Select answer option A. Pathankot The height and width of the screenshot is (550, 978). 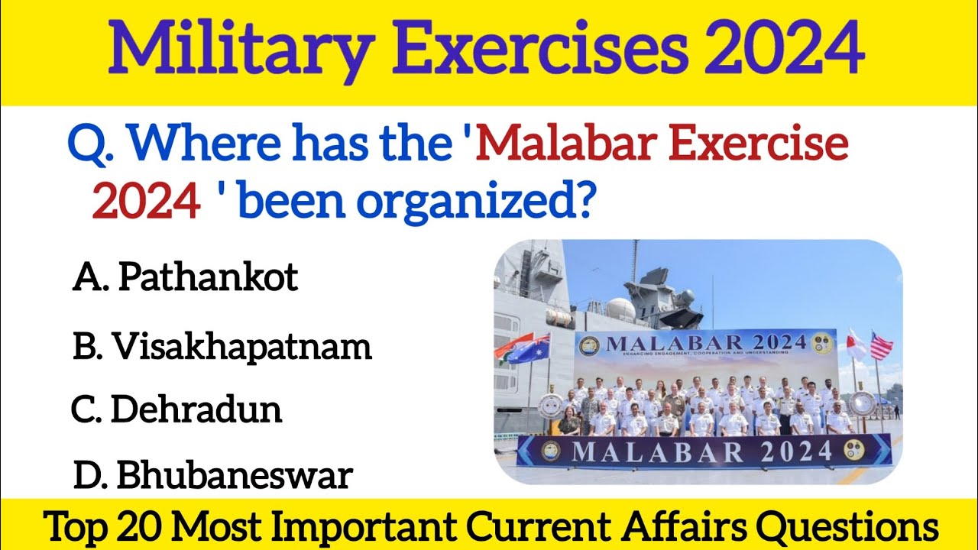click(x=186, y=279)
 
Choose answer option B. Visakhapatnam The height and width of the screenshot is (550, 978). click(x=222, y=348)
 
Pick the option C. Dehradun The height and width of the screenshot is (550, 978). click(x=176, y=410)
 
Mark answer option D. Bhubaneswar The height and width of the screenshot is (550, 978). click(x=213, y=476)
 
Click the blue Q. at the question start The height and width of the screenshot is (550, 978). click(x=89, y=145)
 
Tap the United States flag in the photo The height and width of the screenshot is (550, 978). click(x=881, y=345)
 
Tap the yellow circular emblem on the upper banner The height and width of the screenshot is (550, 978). click(x=824, y=341)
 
